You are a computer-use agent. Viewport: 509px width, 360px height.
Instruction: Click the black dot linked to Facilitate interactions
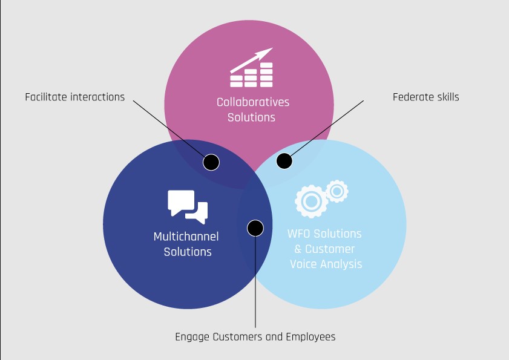(x=211, y=162)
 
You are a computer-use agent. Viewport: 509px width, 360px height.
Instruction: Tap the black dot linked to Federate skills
(x=284, y=161)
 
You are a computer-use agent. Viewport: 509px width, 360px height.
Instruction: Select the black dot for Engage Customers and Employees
(x=255, y=228)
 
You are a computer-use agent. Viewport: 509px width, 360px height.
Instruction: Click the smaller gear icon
(x=337, y=191)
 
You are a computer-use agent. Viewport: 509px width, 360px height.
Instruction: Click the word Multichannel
(x=186, y=236)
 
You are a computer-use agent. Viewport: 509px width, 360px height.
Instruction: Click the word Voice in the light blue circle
(x=303, y=264)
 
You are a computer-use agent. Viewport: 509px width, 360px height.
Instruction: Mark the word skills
(x=448, y=97)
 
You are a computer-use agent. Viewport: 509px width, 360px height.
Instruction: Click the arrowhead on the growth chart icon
(x=267, y=53)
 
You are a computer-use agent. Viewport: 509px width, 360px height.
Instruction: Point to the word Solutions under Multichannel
(x=188, y=251)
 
